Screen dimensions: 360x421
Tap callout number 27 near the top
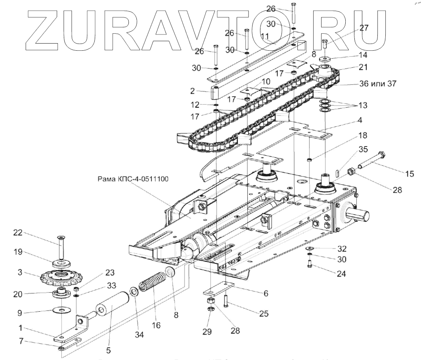coord(364,28)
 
